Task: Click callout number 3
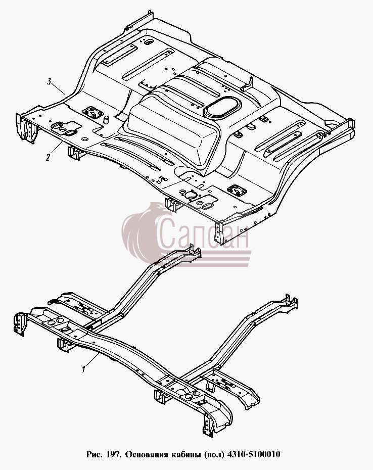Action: tap(50, 82)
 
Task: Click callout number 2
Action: tap(48, 158)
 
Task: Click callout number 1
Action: tap(84, 369)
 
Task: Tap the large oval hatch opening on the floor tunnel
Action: tap(222, 107)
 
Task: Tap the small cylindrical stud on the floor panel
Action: tap(106, 119)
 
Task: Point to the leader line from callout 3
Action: tap(59, 89)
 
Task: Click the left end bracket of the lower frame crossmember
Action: tap(20, 324)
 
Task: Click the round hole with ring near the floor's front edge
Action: tap(191, 195)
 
